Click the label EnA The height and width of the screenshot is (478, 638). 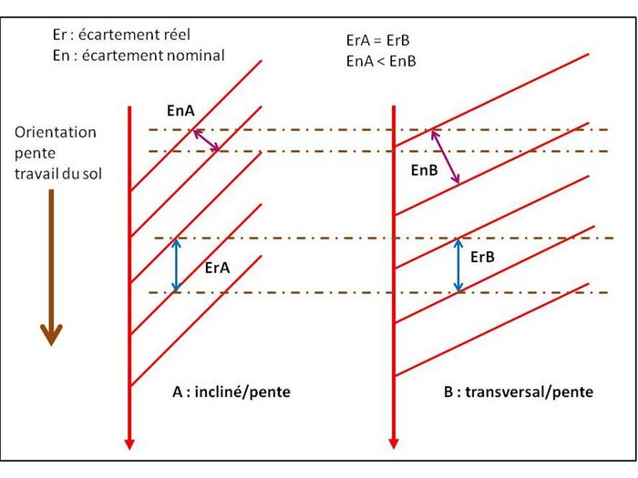pyautogui.click(x=180, y=110)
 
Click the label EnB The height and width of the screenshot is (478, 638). pyautogui.click(x=425, y=170)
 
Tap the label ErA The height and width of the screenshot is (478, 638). pyautogui.click(x=217, y=268)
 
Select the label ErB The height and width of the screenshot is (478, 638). pyautogui.click(x=482, y=257)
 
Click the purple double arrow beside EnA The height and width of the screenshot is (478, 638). pyautogui.click(x=206, y=140)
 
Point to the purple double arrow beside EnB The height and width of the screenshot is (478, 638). pyautogui.click(x=446, y=157)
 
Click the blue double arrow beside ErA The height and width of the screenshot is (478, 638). pyautogui.click(x=176, y=265)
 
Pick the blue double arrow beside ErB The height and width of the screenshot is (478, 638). pyautogui.click(x=458, y=265)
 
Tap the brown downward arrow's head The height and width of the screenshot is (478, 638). pyautogui.click(x=51, y=334)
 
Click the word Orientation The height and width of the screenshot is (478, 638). pyautogui.click(x=56, y=133)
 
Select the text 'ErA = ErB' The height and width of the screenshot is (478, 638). pyautogui.click(x=377, y=40)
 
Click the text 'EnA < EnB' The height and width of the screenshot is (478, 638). pyautogui.click(x=381, y=61)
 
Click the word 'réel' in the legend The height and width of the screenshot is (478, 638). pyautogui.click(x=177, y=35)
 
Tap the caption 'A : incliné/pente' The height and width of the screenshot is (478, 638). pyautogui.click(x=232, y=392)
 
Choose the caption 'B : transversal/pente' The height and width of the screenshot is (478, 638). pyautogui.click(x=519, y=392)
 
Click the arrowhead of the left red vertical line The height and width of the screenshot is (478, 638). pyautogui.click(x=129, y=444)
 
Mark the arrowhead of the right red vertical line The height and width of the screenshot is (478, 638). pyautogui.click(x=394, y=443)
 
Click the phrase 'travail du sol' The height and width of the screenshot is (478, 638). pyautogui.click(x=58, y=174)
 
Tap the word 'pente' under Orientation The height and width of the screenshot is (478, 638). pyautogui.click(x=35, y=154)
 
